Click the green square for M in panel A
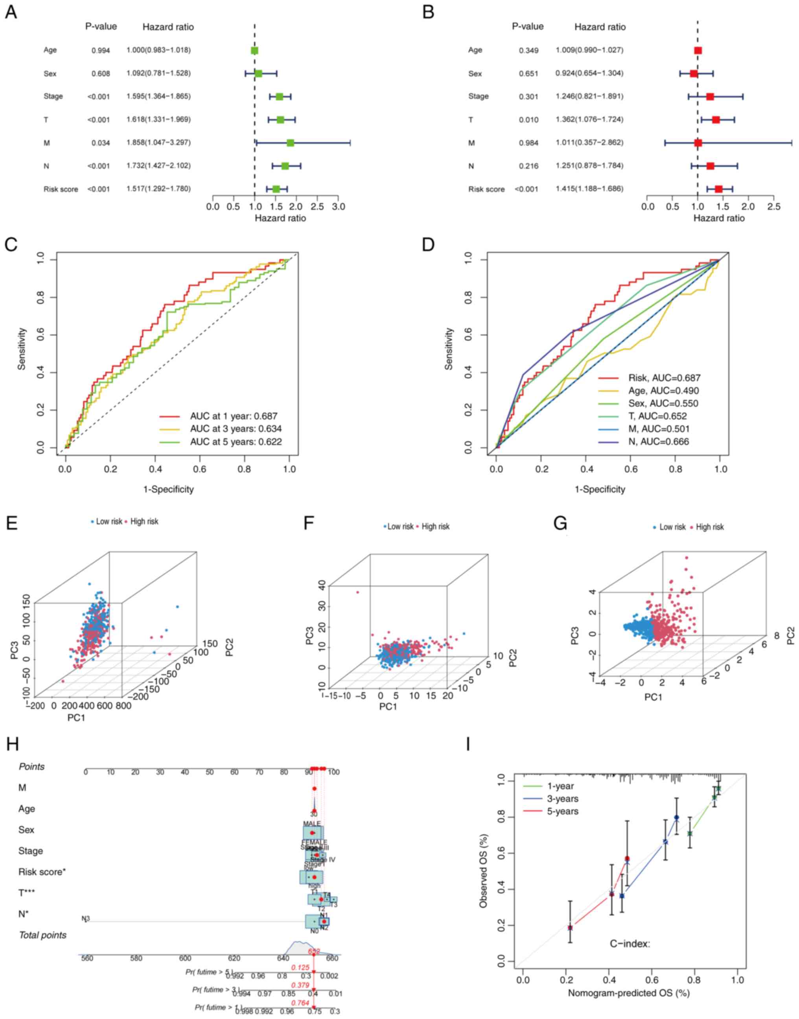pyautogui.click(x=290, y=143)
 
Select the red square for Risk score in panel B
pyautogui.click(x=718, y=189)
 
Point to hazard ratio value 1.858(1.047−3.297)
pyautogui.click(x=158, y=143)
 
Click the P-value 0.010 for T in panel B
pyautogui.click(x=528, y=120)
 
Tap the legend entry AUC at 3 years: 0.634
pyautogui.click(x=235, y=429)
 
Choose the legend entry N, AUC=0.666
pyautogui.click(x=658, y=441)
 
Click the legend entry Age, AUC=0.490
pyautogui.click(x=664, y=390)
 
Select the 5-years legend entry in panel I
pyautogui.click(x=562, y=811)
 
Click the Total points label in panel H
pyautogui.click(x=42, y=935)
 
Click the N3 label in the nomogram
pyautogui.click(x=86, y=918)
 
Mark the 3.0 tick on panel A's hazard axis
pyautogui.click(x=338, y=207)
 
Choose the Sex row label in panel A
pyautogui.click(x=50, y=74)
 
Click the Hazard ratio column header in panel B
pyautogui.click(x=600, y=27)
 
